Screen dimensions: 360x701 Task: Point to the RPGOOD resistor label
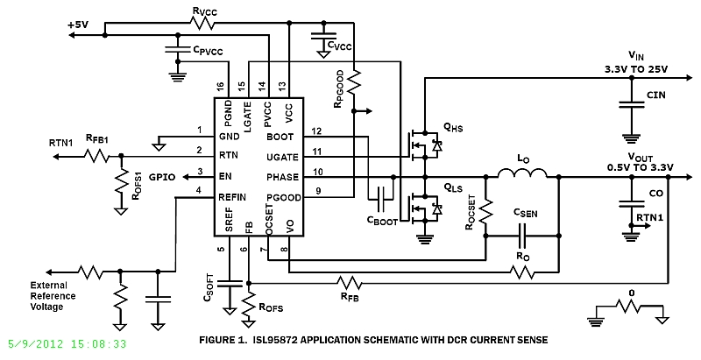[x=340, y=89]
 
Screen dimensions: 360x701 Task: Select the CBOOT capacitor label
[x=383, y=222]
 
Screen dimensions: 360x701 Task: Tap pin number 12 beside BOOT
[x=317, y=131]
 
